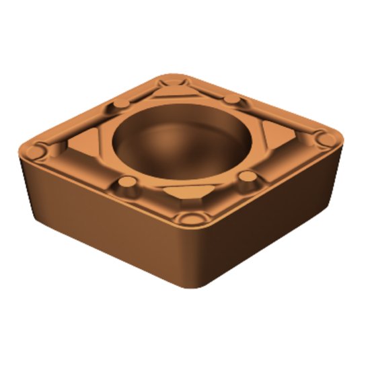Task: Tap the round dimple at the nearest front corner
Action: (192, 219)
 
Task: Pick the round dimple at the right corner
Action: (325, 139)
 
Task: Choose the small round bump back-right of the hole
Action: (231, 99)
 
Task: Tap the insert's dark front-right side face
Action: (276, 222)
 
